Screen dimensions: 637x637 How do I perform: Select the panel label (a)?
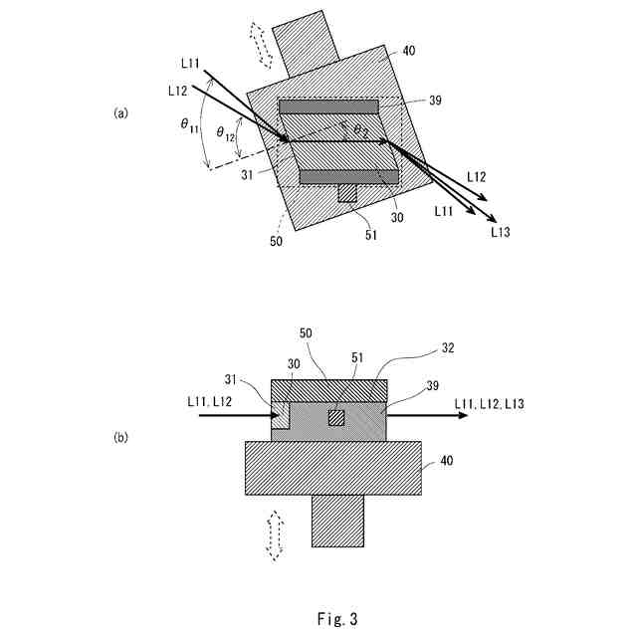[121, 113]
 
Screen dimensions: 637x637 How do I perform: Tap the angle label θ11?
[189, 124]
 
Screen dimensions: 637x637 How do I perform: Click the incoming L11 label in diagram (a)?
[192, 63]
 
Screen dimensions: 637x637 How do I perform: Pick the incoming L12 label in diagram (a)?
[180, 90]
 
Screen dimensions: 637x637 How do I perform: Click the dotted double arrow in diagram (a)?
[261, 45]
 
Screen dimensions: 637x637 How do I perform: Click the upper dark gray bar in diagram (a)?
[328, 106]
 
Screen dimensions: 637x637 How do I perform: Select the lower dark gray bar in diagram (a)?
[348, 177]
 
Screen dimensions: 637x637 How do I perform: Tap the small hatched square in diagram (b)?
[337, 418]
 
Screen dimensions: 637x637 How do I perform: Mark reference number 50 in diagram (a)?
[276, 241]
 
